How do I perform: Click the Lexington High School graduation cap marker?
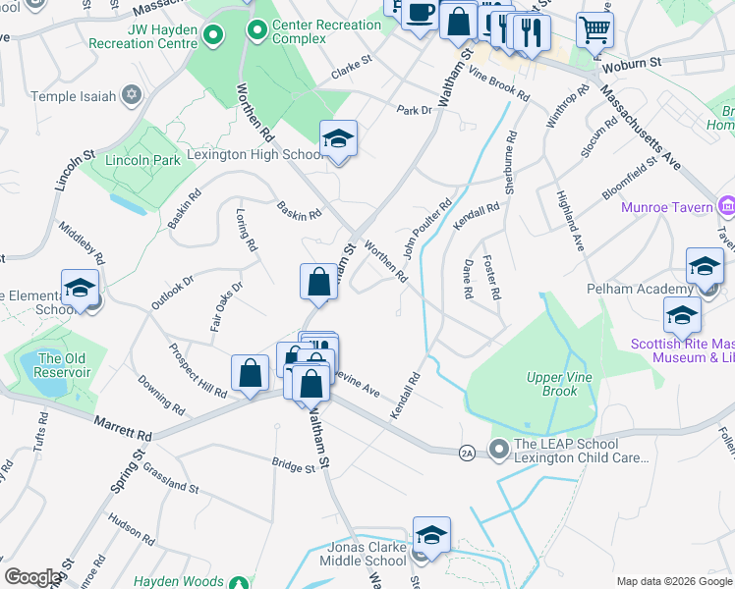coord(338,138)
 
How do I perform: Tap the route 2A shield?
coord(468,452)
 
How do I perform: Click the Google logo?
coord(31,577)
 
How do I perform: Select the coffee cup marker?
coord(420,14)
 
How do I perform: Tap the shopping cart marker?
coord(594,28)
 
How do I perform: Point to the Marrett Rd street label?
coord(123,428)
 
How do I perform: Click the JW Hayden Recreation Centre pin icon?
coord(213,37)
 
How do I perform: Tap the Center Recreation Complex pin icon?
coord(257,31)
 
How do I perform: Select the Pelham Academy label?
coord(654,290)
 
